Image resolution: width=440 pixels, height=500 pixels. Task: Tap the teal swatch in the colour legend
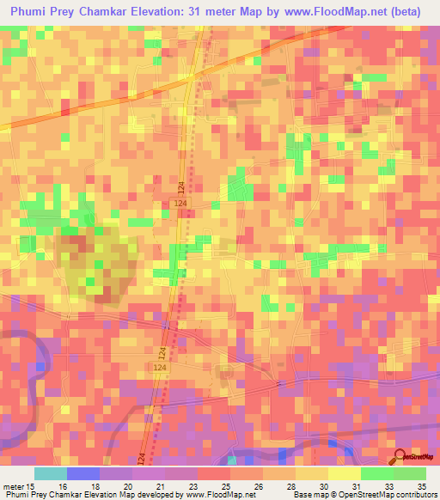click(50, 473)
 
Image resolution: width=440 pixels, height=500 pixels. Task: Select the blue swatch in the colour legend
click(82, 473)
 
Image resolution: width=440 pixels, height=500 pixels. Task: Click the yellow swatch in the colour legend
click(344, 473)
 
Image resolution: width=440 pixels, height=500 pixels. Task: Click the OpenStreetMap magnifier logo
click(399, 456)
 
